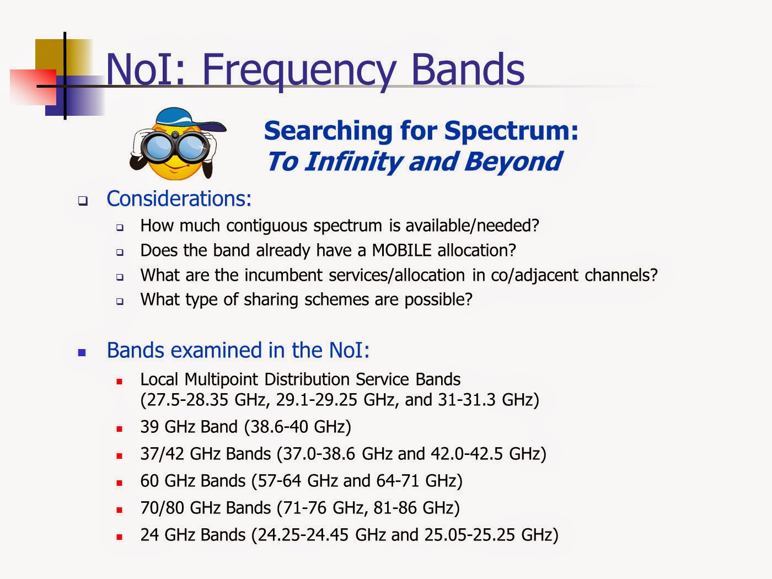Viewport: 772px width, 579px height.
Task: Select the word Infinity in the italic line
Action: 353,162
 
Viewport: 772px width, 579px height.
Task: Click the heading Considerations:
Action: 179,199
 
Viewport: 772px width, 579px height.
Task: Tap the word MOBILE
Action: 401,250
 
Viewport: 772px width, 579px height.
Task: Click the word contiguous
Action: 267,226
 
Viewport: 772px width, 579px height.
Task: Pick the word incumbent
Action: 283,275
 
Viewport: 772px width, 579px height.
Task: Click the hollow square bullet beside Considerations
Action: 83,201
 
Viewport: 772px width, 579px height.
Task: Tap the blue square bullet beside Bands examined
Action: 82,352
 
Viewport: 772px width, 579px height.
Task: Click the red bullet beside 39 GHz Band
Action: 120,429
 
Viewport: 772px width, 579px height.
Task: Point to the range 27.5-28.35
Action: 187,400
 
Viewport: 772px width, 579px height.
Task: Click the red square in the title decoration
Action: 33,87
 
